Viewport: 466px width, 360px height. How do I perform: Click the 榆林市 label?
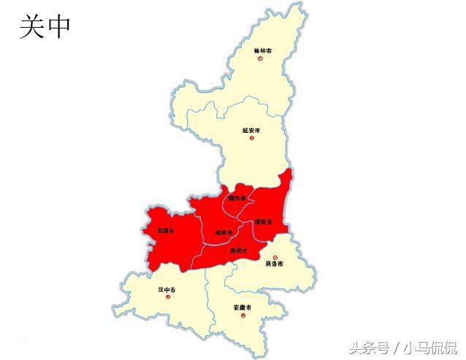(262, 50)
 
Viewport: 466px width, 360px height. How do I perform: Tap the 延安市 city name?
(251, 130)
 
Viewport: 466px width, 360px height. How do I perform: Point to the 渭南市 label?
(264, 221)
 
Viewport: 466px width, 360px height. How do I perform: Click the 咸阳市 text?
(224, 233)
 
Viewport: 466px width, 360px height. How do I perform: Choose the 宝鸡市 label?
(166, 230)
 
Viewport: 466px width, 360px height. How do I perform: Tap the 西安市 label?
(239, 250)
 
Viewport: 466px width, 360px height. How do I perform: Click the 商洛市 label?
(275, 264)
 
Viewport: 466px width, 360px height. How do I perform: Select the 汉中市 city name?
(167, 289)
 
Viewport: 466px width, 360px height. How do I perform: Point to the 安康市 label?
(242, 307)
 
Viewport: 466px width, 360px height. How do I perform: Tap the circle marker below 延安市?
(251, 138)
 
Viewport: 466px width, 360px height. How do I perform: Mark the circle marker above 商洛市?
(275, 257)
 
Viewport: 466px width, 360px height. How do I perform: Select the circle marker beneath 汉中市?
(167, 296)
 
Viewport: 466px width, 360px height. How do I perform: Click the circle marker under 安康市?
(242, 315)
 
